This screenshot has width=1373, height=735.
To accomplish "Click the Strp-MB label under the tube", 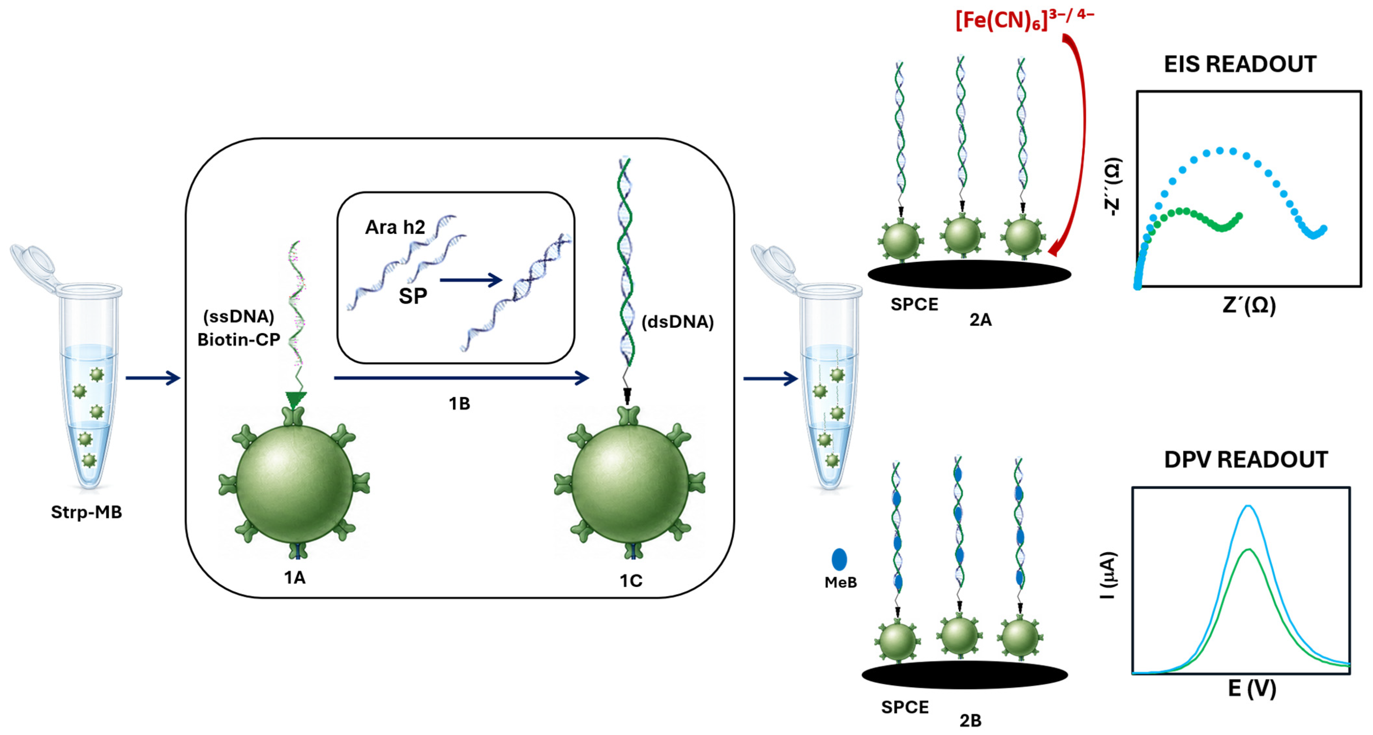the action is coord(86,512).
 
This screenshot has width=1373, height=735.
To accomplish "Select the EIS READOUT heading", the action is coord(1240,64).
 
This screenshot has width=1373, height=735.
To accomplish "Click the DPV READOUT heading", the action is coord(1246,460).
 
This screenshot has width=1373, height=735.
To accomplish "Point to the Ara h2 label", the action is coord(395,227).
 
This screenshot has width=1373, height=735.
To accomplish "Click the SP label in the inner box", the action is coord(413,296).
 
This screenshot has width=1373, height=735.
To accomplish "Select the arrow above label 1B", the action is coord(461,378).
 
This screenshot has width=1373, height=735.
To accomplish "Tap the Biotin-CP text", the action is coord(239,340).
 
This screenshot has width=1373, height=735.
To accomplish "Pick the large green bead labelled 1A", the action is coord(294,483).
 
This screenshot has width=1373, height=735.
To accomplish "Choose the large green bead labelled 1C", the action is coord(630,483).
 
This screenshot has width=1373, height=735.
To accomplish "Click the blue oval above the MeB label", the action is coord(840,559).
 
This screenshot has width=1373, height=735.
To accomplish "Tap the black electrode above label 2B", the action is coord(965,675).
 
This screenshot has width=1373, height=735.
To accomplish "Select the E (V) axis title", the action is coord(1252,689).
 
